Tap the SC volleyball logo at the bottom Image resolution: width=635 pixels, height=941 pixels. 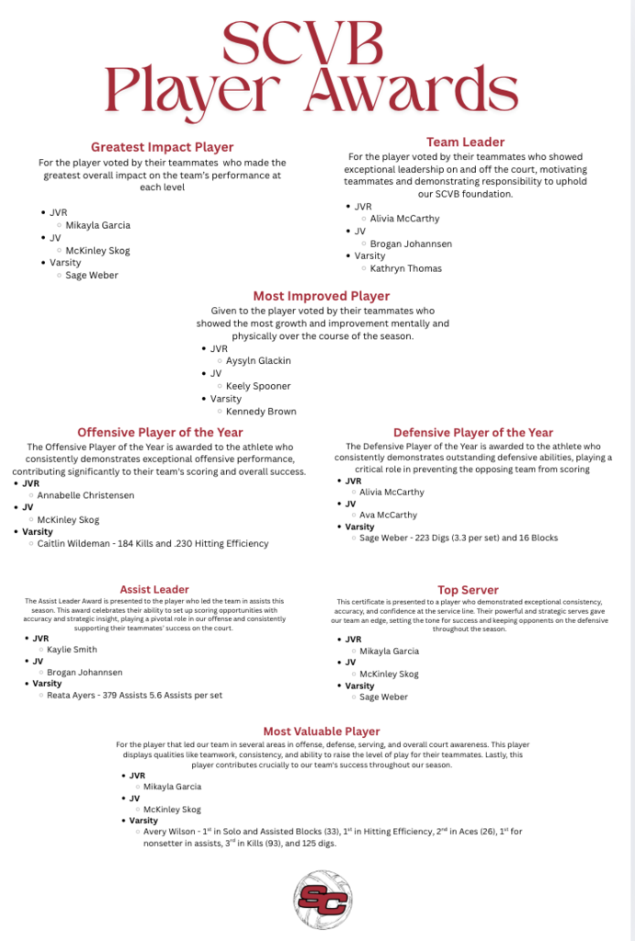tap(322, 901)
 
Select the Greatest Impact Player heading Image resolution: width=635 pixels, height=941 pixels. tap(162, 147)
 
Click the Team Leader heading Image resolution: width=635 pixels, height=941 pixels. tap(465, 142)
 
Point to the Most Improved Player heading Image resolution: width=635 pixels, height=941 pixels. tap(322, 296)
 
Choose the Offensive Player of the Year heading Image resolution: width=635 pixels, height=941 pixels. tap(160, 432)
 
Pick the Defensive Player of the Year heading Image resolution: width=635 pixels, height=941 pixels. tap(473, 432)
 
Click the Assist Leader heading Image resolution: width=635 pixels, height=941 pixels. tap(154, 589)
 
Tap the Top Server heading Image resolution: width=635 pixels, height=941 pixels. tap(468, 589)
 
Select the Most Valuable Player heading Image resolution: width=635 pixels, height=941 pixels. tap(322, 731)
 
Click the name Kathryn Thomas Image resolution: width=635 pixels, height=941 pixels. tap(405, 268)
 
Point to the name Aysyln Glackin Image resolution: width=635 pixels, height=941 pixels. tap(258, 361)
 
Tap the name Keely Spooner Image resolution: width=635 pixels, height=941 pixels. tap(258, 386)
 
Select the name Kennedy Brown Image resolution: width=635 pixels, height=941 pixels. tap(261, 411)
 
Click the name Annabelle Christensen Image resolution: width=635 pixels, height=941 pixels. tap(85, 494)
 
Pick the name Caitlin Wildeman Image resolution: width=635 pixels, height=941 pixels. tap(76, 543)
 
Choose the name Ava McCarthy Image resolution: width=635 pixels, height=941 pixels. tap(388, 515)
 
